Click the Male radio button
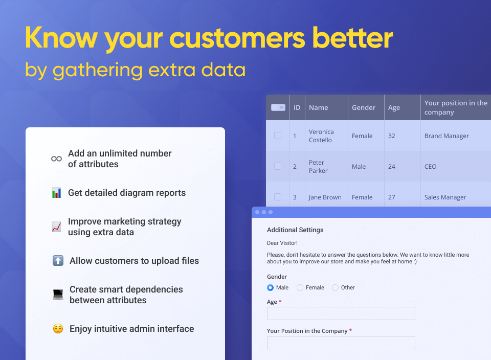tap(270, 288)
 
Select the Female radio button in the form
tap(300, 288)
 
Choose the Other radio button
tap(335, 288)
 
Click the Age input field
tap(341, 313)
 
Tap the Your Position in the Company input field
tap(341, 343)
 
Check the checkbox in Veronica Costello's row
tap(278, 136)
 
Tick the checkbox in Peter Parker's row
tap(278, 166)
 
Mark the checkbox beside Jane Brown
tap(278, 197)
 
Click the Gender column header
tap(364, 108)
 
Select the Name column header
tap(319, 108)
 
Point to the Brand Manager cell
tap(447, 136)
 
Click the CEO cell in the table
tap(430, 167)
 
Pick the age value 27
tap(391, 197)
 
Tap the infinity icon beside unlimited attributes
tap(56, 159)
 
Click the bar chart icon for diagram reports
tap(56, 192)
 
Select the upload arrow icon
tap(58, 260)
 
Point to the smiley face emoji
tap(58, 329)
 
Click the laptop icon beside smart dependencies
tap(58, 295)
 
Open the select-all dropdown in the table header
tap(278, 107)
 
